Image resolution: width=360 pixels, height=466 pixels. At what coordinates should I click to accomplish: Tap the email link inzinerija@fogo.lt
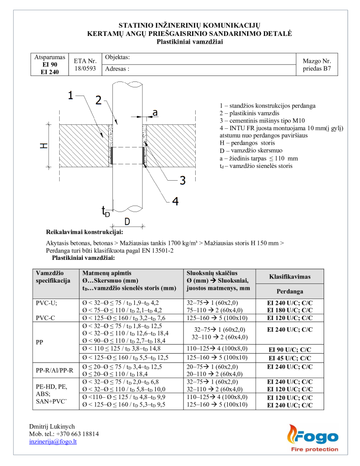click(x=53, y=441)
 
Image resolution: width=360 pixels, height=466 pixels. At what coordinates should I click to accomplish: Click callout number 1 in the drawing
click(x=71, y=96)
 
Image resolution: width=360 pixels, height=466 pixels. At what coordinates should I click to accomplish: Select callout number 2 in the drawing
click(x=98, y=101)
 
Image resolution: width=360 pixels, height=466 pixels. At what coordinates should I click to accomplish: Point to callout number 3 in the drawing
click(x=182, y=181)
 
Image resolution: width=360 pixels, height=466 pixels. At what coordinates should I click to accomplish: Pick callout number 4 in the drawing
click(x=175, y=201)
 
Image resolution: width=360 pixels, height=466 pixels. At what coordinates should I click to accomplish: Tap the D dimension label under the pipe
click(x=127, y=221)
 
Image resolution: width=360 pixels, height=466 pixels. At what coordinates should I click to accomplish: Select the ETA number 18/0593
click(x=86, y=68)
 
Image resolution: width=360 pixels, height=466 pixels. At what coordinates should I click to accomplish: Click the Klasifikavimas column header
click(x=290, y=276)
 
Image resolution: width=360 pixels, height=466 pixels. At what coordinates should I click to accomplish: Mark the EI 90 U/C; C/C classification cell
click(x=290, y=349)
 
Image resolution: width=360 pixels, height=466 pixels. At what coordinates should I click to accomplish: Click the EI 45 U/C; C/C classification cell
click(x=290, y=357)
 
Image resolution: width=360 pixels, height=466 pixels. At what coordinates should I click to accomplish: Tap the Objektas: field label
click(x=117, y=57)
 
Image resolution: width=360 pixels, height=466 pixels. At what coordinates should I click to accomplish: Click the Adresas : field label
click(x=117, y=69)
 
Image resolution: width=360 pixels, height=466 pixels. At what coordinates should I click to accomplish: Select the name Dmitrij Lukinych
click(x=52, y=426)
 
